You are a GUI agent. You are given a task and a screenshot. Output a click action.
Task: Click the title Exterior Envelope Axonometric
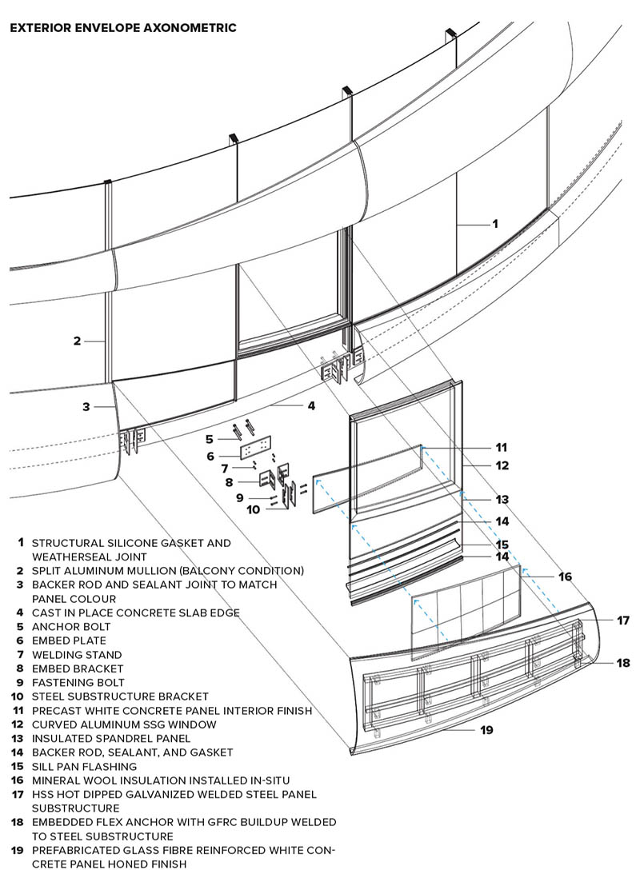[x=122, y=28]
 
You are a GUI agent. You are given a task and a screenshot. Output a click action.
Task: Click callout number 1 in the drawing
[x=494, y=223]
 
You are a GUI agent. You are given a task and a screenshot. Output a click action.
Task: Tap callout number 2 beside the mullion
[x=77, y=341]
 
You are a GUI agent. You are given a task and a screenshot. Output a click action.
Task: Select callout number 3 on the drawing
[x=86, y=406]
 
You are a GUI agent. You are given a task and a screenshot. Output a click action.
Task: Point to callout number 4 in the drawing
[x=311, y=405]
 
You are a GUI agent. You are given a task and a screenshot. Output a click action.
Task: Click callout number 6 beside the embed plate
[x=210, y=456]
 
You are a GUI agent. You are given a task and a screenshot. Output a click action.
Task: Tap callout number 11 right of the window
[x=502, y=447]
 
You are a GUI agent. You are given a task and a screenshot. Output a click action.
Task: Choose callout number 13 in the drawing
[x=502, y=500]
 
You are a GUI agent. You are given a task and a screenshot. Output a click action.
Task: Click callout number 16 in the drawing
[x=565, y=576]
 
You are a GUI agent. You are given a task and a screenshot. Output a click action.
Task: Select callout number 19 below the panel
[x=486, y=729]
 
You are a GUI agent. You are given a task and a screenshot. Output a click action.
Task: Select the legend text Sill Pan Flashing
[x=84, y=766]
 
